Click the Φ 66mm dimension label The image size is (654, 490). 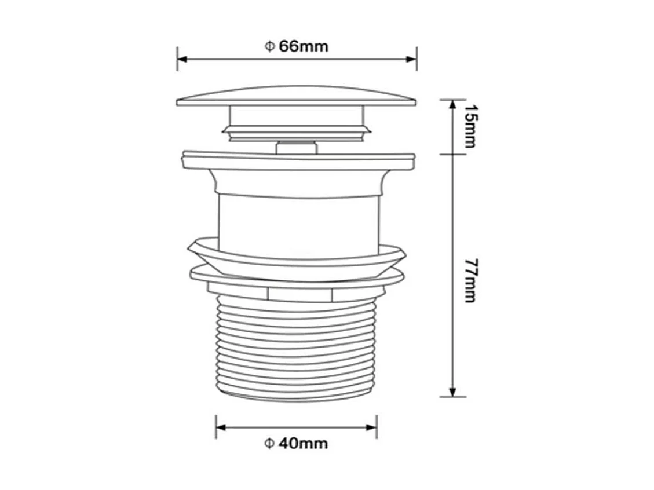click(297, 46)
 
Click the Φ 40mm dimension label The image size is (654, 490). click(296, 444)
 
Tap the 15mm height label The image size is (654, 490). click(469, 127)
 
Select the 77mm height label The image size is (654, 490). click(469, 281)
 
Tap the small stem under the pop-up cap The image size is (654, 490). click(296, 148)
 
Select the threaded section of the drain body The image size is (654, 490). click(297, 348)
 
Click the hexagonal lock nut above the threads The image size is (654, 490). click(297, 294)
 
